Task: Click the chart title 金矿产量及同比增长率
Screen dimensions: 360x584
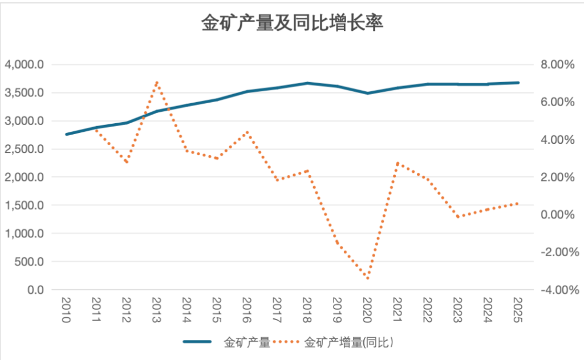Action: coord(291,23)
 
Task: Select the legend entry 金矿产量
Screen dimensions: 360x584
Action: coord(246,342)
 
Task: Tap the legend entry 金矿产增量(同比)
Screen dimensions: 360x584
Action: coord(350,342)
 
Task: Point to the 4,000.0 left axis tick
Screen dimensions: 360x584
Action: coord(24,65)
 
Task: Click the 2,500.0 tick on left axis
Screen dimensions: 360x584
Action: coord(24,149)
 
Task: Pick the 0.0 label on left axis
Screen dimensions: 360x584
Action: coord(35,290)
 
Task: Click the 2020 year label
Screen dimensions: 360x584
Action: coord(368,312)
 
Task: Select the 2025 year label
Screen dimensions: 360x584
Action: coord(518,312)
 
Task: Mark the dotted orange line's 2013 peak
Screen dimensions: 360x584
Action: coord(157,82)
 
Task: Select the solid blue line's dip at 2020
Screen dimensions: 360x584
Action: coord(368,93)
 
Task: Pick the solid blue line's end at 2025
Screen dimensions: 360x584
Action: coord(518,83)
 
